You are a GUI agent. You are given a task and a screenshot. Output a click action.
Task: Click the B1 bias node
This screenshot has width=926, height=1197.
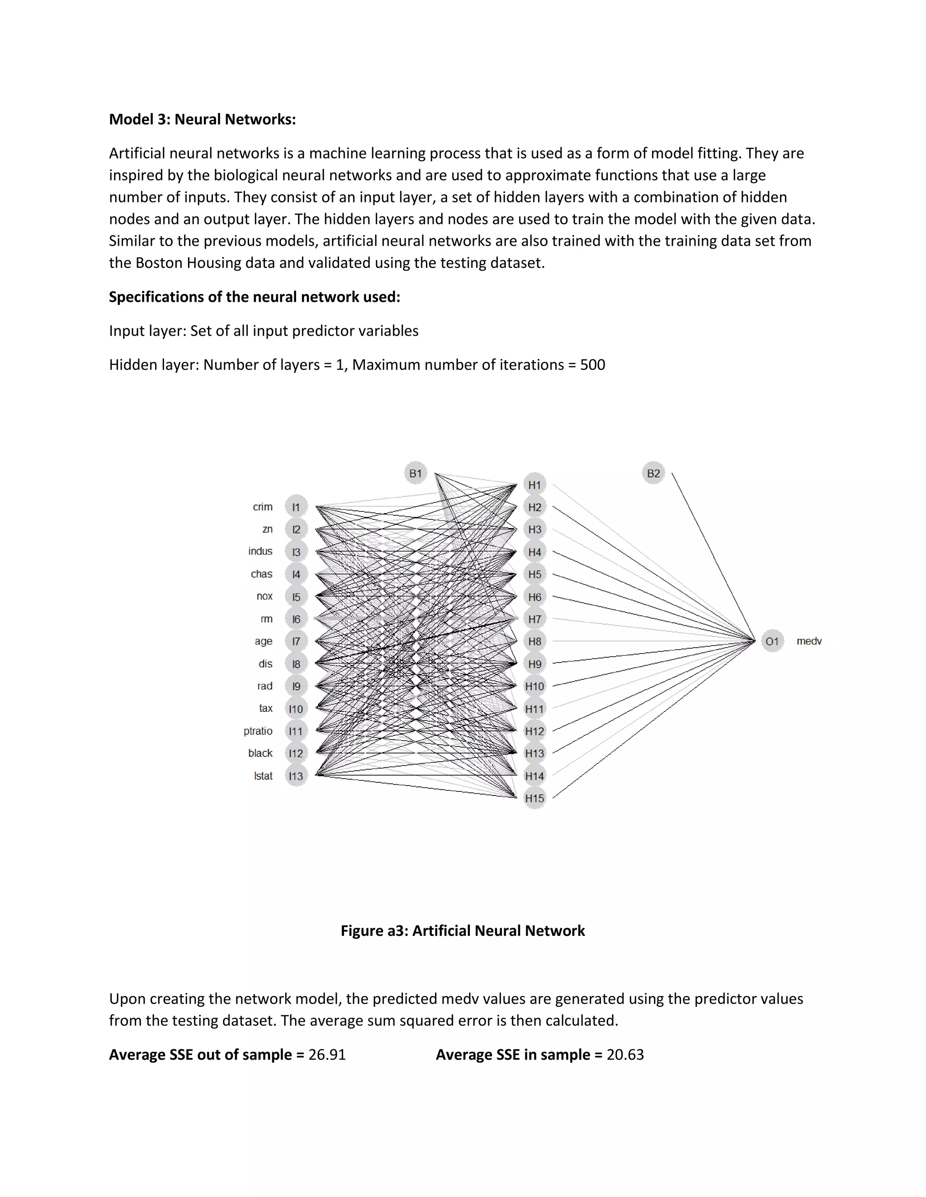[415, 473]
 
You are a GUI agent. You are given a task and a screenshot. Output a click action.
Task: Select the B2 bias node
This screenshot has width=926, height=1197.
[653, 473]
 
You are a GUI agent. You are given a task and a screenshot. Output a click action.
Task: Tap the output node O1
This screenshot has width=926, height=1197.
[772, 641]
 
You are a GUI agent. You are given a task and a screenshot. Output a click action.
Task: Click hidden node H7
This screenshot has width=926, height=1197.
[534, 619]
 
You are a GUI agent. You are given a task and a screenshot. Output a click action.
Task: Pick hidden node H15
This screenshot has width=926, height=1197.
[534, 798]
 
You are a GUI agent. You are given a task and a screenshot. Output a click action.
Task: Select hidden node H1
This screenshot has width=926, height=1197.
[534, 485]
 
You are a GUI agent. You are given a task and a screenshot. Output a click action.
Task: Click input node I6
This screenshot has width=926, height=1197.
[296, 619]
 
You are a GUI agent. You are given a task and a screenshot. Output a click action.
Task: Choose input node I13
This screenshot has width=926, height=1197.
[296, 776]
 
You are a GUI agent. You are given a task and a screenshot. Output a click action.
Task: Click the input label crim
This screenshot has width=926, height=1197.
[262, 507]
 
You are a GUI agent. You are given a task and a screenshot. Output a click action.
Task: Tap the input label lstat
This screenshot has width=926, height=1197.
[263, 776]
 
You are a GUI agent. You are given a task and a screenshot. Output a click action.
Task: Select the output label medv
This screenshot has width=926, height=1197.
[808, 641]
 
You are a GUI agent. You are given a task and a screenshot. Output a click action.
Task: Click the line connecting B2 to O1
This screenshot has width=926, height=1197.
[713, 556]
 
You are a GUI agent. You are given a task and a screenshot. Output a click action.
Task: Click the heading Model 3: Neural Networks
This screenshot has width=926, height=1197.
[203, 120]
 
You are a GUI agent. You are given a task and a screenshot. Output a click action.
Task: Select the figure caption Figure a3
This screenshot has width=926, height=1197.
[463, 930]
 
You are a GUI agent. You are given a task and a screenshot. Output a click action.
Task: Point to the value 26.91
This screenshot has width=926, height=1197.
[327, 1055]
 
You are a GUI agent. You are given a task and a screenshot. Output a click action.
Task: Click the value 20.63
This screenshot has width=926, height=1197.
[625, 1055]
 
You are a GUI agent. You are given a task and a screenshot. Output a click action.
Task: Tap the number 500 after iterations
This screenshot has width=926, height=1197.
[592, 365]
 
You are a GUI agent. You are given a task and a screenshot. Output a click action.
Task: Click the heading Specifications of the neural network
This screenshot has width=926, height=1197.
[255, 297]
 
